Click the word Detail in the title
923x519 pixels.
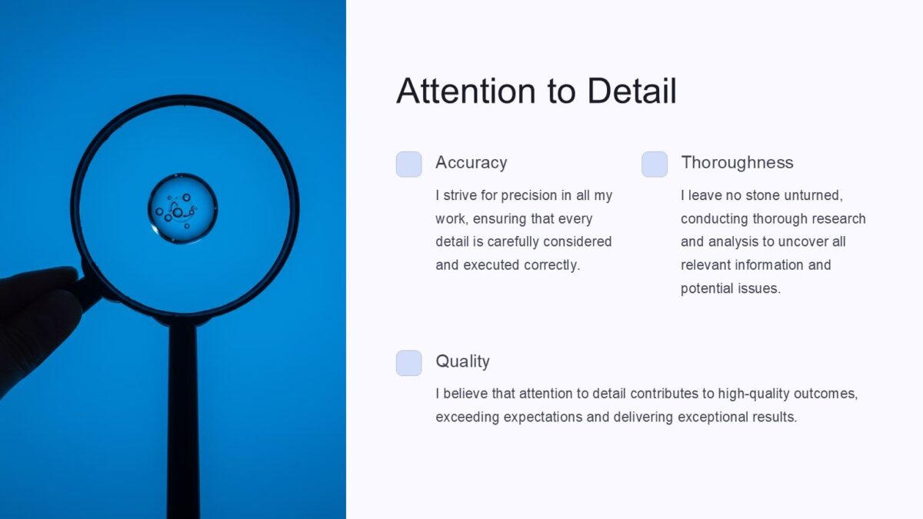pyautogui.click(x=631, y=91)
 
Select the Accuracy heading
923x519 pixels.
pyautogui.click(x=471, y=162)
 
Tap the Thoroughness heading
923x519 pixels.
pyautogui.click(x=737, y=162)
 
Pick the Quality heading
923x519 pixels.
pyautogui.click(x=462, y=361)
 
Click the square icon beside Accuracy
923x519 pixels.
pyautogui.click(x=409, y=164)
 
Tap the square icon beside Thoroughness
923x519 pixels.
pyautogui.click(x=655, y=164)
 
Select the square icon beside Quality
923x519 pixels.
pyautogui.click(x=409, y=363)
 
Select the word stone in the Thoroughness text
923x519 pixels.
pyautogui.click(x=763, y=195)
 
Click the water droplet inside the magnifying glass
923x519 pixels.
pyautogui.click(x=182, y=208)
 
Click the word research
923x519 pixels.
pyautogui.click(x=838, y=218)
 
